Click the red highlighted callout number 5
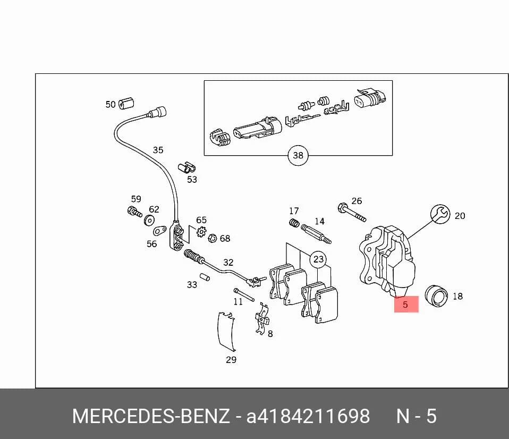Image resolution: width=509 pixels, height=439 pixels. (x=406, y=304)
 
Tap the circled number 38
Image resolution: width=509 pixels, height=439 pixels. (x=298, y=155)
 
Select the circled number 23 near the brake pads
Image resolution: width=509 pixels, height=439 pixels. (x=318, y=259)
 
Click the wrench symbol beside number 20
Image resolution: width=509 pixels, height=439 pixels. (x=440, y=214)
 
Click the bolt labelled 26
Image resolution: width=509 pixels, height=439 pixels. (x=352, y=213)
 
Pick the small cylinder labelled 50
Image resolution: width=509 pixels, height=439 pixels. (x=126, y=103)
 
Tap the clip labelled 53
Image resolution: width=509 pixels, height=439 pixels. (x=186, y=167)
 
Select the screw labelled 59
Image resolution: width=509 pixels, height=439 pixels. (x=134, y=212)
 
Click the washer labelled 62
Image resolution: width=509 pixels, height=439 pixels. (x=149, y=221)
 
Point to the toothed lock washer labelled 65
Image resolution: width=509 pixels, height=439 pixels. (x=201, y=232)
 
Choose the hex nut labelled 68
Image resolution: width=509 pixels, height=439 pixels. (x=213, y=238)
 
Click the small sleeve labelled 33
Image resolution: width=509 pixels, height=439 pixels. (x=205, y=277)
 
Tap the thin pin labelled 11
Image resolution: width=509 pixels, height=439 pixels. (x=243, y=294)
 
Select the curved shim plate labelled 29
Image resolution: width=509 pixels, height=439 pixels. (x=226, y=331)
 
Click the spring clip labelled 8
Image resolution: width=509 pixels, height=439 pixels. (x=262, y=318)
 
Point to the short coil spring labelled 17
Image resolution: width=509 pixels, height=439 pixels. (x=294, y=223)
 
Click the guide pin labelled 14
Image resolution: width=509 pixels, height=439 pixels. (x=316, y=234)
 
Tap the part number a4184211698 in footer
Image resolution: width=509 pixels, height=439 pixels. (x=308, y=416)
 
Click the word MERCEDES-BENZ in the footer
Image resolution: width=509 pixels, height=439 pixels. (x=151, y=416)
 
